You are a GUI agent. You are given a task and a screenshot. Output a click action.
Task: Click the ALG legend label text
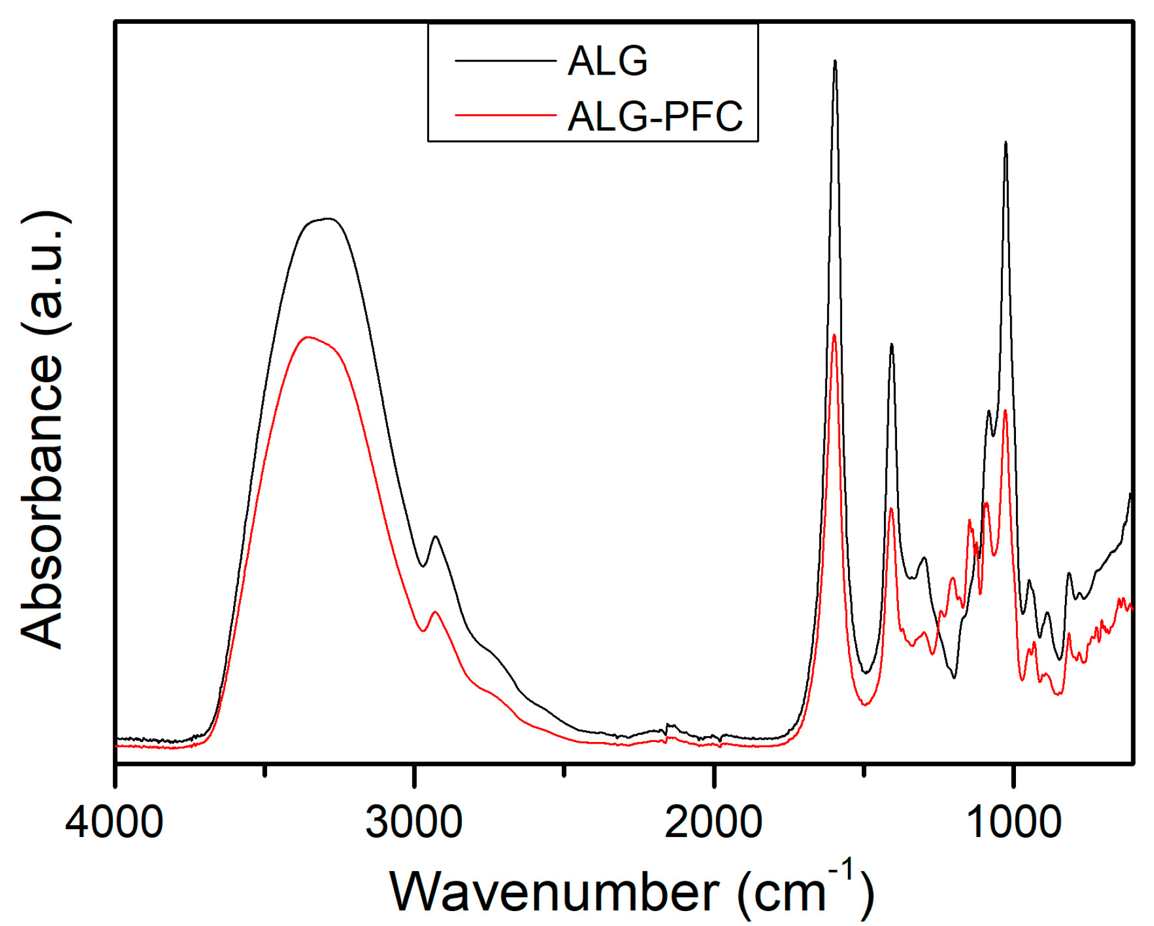coord(607,61)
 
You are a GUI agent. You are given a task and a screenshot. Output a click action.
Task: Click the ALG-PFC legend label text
coord(655,116)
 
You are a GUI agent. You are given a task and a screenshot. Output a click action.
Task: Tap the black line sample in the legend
coord(506,61)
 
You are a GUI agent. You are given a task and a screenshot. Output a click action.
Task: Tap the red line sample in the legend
coord(506,115)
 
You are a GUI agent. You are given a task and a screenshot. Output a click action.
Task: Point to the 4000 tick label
coord(114,822)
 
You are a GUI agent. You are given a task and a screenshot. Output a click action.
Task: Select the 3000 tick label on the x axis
coord(414,822)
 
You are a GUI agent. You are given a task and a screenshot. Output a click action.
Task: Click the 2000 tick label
coord(713,822)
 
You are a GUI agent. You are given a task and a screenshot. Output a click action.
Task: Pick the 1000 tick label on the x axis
coord(1013,822)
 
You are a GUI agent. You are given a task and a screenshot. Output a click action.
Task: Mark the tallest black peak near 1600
coord(835,61)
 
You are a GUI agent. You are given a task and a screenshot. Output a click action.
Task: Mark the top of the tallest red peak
coord(834,335)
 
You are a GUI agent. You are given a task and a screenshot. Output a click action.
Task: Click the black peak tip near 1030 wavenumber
coord(1006,143)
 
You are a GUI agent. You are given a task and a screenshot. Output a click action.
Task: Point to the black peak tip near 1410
coord(892,345)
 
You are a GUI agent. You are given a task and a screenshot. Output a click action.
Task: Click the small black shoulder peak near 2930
coord(436,536)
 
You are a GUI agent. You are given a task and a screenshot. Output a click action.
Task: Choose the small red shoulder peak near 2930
coord(435,612)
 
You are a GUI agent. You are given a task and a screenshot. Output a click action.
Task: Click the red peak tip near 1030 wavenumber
coord(1006,410)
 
